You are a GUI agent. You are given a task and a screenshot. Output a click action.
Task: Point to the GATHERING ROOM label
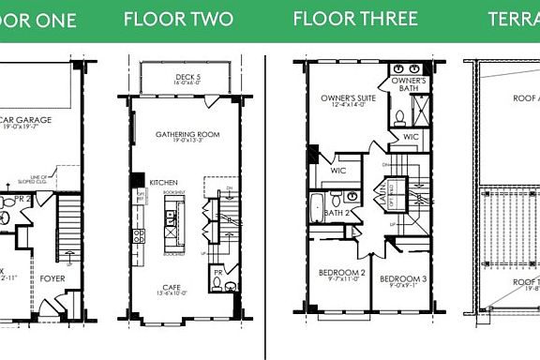click(187, 134)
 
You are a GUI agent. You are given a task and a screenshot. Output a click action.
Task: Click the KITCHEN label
click(164, 182)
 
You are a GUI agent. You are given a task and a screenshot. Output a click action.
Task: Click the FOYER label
click(52, 277)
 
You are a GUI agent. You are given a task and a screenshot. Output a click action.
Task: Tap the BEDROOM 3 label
click(403, 278)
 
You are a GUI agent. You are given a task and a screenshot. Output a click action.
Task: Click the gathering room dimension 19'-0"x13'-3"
click(187, 142)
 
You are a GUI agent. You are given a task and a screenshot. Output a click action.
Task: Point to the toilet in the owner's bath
click(398, 117)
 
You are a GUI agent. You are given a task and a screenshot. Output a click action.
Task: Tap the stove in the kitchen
click(139, 235)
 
